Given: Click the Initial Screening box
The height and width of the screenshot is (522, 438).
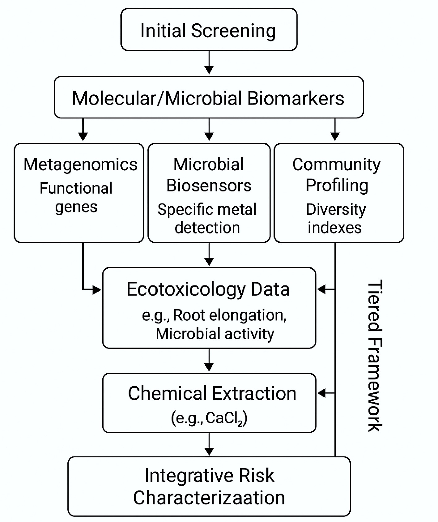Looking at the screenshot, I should [x=209, y=30].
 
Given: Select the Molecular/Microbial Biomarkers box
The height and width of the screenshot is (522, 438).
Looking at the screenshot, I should [x=209, y=98].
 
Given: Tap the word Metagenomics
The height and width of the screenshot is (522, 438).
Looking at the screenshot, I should [x=80, y=164].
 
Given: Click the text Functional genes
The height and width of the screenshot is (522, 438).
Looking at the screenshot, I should [x=76, y=197].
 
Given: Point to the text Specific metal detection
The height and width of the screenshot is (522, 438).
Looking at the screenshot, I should [x=207, y=218].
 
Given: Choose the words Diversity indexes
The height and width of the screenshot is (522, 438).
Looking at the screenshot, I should [x=336, y=218].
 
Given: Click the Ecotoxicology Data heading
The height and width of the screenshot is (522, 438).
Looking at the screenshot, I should [x=208, y=289].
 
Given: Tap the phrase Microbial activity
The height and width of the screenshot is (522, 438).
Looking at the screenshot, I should [x=215, y=334].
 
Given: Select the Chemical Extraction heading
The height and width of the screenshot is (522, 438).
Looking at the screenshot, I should [x=212, y=393].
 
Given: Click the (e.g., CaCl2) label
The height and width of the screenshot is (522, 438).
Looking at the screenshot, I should [x=209, y=418].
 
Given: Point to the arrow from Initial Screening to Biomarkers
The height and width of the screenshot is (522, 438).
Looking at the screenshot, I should [x=209, y=63].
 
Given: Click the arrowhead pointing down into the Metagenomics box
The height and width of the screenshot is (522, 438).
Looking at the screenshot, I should [x=83, y=136].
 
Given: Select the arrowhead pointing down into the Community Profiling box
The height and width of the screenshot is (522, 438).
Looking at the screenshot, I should [x=335, y=136].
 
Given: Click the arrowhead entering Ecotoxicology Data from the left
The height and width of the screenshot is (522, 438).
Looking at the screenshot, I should [x=97, y=290].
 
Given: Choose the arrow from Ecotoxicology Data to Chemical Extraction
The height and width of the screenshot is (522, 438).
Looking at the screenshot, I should [x=209, y=361].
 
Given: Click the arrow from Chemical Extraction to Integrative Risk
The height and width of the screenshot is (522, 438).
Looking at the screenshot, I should [x=209, y=445].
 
